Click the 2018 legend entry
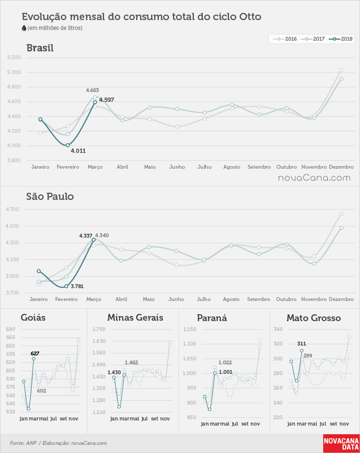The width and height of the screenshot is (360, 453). point(341,39)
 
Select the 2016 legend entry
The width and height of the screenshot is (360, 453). point(285,39)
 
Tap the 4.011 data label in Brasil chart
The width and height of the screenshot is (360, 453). point(78,151)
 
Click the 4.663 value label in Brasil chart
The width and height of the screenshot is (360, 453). point(92,90)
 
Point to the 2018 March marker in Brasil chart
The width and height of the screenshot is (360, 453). point(95,102)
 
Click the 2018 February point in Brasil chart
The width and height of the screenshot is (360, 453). point(68,145)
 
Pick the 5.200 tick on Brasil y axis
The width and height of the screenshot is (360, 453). point(14,57)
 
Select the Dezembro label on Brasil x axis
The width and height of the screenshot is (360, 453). point(341,167)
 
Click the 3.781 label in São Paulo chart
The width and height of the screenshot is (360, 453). point(77,286)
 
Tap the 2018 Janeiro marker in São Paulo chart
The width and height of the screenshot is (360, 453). point(39,271)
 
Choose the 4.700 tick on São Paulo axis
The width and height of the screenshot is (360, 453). point(12,209)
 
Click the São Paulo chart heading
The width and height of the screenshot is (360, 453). point(50,197)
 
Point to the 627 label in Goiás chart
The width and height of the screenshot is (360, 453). point(35,353)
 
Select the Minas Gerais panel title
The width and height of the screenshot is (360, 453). point(135,318)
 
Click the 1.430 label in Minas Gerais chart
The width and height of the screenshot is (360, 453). point(114,373)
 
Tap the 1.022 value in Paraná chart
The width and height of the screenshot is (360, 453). point(225,363)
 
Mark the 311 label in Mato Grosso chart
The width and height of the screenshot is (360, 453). point(302,344)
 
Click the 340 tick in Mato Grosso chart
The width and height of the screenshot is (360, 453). point(278,329)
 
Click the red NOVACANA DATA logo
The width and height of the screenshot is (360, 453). point(342,444)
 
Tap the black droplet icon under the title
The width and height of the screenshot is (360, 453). point(24,28)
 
